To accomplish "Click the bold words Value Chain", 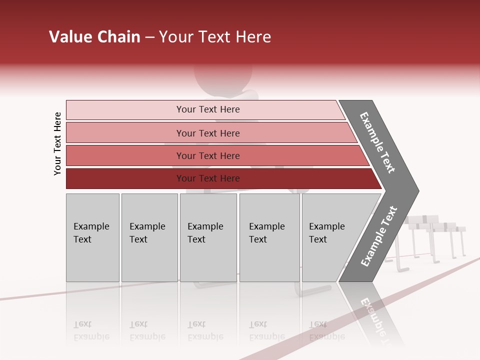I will coord(94,37).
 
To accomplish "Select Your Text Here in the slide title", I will coord(215,37).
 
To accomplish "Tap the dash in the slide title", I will coord(149,37).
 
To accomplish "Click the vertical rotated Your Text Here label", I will coord(57,144).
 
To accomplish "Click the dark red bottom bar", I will coord(125,178).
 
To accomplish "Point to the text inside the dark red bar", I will coord(208,178).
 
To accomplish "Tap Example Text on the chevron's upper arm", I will coord(377,143).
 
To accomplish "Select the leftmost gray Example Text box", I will coord(92,237).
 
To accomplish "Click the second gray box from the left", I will coord(149,237).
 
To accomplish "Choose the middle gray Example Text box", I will coord(208,237).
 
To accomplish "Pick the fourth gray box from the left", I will coord(269,237).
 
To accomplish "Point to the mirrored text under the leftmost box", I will coord(91,330).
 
